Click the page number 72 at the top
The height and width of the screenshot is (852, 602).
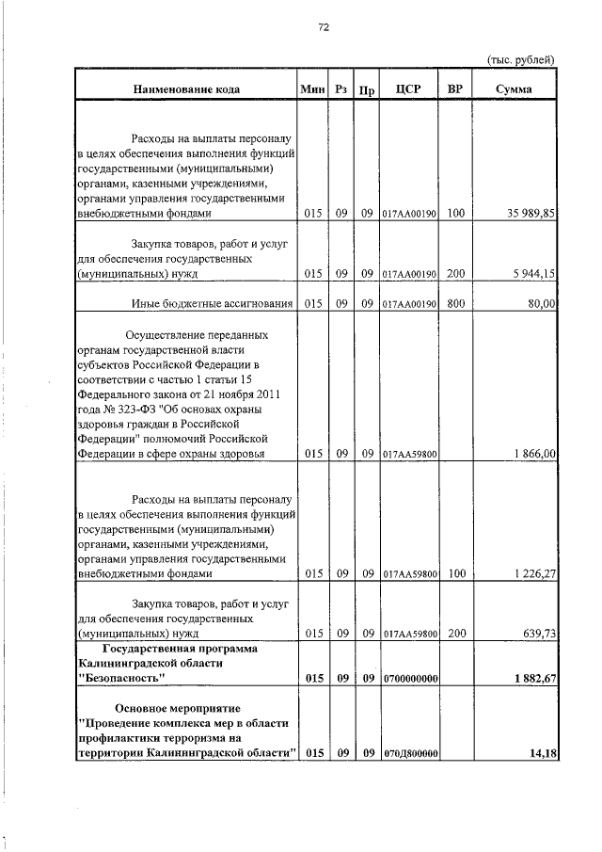(x=323, y=27)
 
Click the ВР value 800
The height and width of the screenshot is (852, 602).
(x=455, y=303)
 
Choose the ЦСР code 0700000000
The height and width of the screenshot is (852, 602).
(x=410, y=679)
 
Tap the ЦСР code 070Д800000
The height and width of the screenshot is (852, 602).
(x=410, y=753)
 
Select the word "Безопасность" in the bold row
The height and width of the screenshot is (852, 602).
(x=122, y=678)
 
